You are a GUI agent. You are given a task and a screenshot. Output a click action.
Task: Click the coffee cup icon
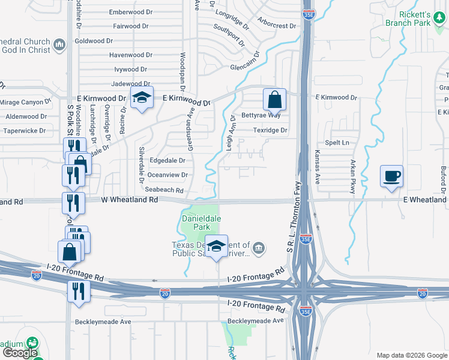point(391,176)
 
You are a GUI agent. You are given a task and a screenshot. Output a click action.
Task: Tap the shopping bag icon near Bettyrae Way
point(274,99)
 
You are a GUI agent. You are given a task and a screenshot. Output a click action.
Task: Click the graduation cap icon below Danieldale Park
point(217,245)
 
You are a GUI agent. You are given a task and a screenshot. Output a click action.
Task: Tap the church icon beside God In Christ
point(59,46)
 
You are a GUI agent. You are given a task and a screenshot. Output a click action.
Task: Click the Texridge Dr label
point(270,130)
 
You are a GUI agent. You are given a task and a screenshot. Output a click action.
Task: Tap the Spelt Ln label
point(336,143)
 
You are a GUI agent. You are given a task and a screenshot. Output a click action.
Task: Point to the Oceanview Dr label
point(167,175)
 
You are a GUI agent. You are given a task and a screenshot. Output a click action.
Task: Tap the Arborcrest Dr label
point(277,26)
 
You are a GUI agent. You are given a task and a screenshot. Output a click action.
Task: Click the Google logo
point(19,353)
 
